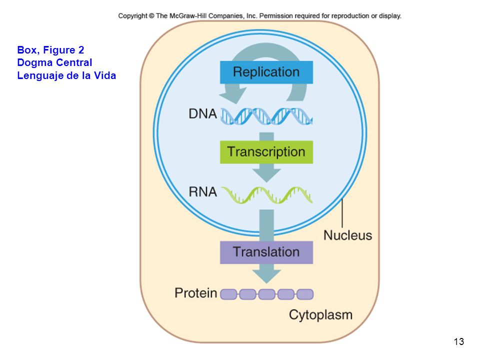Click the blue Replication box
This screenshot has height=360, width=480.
click(x=266, y=72)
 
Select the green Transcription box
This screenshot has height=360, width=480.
click(x=266, y=152)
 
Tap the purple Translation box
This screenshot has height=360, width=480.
click(x=266, y=252)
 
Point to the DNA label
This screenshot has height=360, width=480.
click(x=202, y=114)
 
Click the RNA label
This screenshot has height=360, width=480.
click(x=202, y=192)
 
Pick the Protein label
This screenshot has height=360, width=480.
click(x=196, y=293)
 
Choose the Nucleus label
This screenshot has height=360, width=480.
click(x=348, y=235)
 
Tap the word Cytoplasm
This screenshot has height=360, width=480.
click(x=320, y=315)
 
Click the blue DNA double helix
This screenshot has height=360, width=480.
click(x=266, y=116)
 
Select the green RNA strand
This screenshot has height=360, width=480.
click(x=266, y=195)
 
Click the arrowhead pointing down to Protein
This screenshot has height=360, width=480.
click(x=266, y=276)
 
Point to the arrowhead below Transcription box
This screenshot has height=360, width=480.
click(x=266, y=175)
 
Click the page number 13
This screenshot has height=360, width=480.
click(x=459, y=341)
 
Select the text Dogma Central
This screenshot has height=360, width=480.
click(x=54, y=63)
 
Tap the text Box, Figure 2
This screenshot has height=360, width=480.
click(x=50, y=50)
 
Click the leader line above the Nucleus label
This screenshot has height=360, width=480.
click(x=342, y=213)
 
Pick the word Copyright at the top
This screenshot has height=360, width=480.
click(x=133, y=16)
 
